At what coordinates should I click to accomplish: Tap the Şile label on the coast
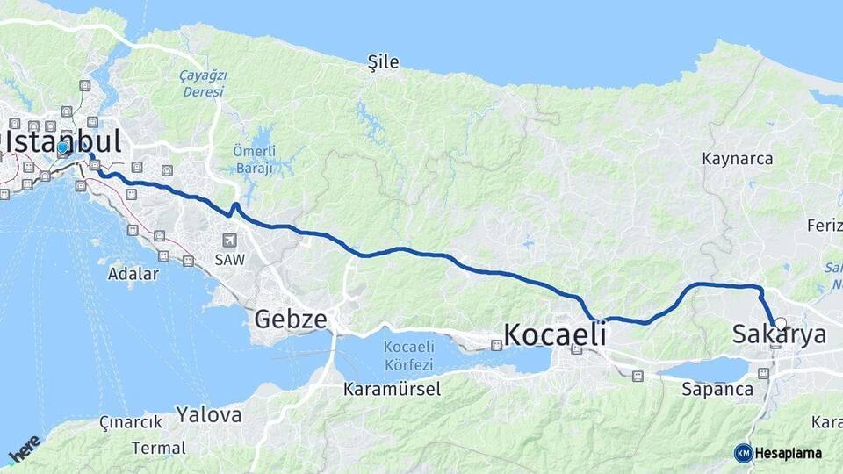tap(384, 61)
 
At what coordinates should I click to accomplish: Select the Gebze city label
tap(291, 319)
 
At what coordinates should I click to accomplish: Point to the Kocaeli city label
tap(556, 334)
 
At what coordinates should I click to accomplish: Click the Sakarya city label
tap(779, 334)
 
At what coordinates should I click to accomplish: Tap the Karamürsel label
tap(392, 389)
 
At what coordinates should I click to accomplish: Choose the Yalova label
tap(208, 414)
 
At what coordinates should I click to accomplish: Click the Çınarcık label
tap(131, 422)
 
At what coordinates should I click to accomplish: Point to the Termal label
tap(158, 448)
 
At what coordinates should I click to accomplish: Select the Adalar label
tap(133, 274)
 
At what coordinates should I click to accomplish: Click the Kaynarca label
tap(738, 159)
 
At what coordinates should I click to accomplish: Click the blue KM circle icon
tap(743, 453)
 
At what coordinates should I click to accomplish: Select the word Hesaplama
tap(788, 454)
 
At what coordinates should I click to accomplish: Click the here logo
tap(24, 448)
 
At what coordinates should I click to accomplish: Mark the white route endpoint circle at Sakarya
tap(780, 323)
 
